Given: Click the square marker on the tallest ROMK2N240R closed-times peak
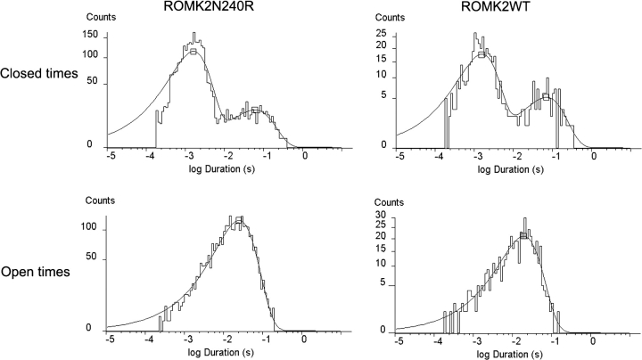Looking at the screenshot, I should click(x=193, y=52).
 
